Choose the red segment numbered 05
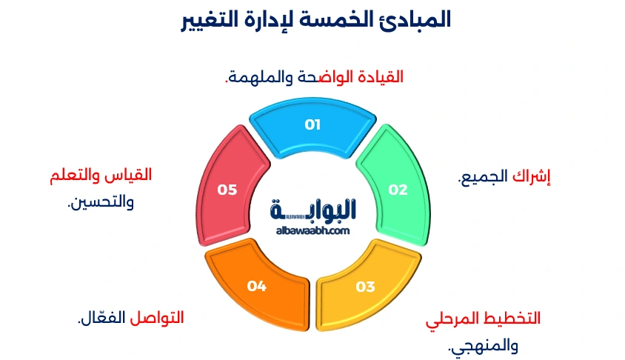pos(227,190)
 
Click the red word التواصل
pos(157,318)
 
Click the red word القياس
pos(132,176)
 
